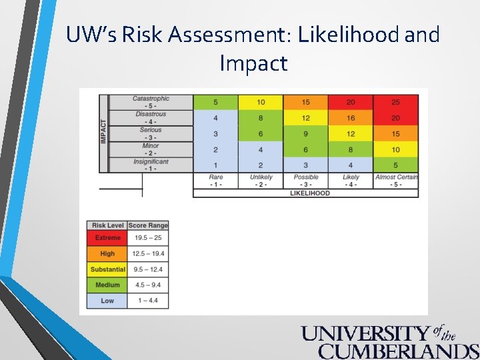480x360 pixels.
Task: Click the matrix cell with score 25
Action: [396, 102]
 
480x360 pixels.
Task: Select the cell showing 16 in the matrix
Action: [351, 118]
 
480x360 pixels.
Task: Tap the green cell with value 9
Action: [306, 134]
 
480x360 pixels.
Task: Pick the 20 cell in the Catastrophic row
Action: [351, 102]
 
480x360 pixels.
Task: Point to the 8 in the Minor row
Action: [351, 150]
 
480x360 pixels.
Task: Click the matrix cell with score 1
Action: [215, 165]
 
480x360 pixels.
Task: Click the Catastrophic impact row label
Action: [151, 102]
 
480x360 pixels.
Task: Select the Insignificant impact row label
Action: [151, 165]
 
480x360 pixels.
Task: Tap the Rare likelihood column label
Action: [215, 181]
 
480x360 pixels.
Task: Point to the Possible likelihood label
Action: [306, 181]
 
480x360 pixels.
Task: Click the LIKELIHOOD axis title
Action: [306, 193]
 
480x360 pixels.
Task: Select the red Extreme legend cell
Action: [107, 238]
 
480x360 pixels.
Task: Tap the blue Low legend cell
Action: [107, 301]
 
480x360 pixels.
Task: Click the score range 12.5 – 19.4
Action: [148, 253]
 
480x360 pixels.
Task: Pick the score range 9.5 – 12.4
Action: [148, 269]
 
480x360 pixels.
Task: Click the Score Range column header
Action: [148, 225]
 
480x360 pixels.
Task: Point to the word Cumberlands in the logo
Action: [398, 351]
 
